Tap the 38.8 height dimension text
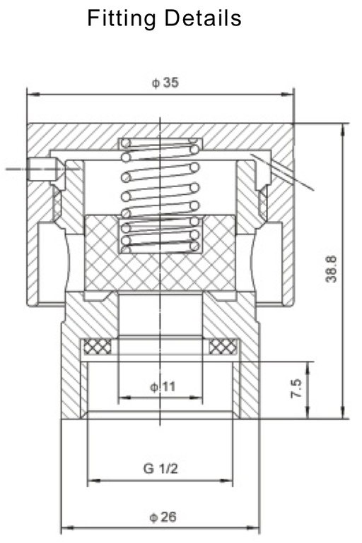tap(330, 269)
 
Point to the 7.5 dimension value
tap(296, 389)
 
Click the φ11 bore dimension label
tap(162, 386)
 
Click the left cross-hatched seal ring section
tap(98, 347)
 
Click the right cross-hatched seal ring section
tap(223, 347)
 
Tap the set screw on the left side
tap(45, 169)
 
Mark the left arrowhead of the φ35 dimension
tap(30, 93)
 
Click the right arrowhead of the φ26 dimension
tap(255, 527)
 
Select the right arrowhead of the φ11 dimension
tap(202, 398)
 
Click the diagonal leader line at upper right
tap(283, 172)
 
